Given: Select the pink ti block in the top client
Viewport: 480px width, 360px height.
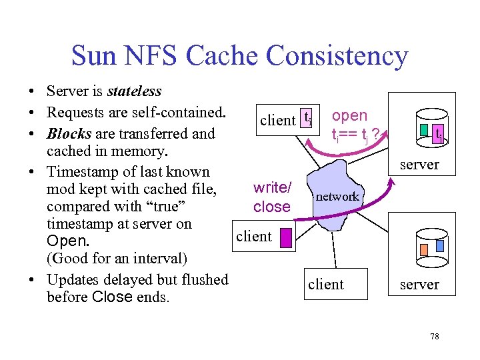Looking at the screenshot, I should click(307, 118).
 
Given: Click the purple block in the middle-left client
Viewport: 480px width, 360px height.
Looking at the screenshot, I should click(286, 238).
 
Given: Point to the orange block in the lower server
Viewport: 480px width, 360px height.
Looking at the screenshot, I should click(424, 250).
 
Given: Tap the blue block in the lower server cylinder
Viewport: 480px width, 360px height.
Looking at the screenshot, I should click(439, 246).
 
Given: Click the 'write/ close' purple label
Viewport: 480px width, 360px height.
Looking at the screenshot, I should click(272, 197).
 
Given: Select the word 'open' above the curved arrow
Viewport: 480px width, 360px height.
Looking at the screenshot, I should click(350, 116).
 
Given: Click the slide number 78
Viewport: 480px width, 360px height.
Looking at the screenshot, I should click(434, 336).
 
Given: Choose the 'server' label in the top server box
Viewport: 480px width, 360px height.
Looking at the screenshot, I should click(419, 164).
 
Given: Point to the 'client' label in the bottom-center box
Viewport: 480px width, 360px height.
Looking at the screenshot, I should click(326, 285).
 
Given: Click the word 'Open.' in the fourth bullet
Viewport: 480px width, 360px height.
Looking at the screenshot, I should click(66, 241).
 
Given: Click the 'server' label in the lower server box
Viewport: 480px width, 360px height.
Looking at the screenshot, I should click(419, 285).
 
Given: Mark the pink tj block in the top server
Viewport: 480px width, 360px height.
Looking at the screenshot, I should click(439, 135).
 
